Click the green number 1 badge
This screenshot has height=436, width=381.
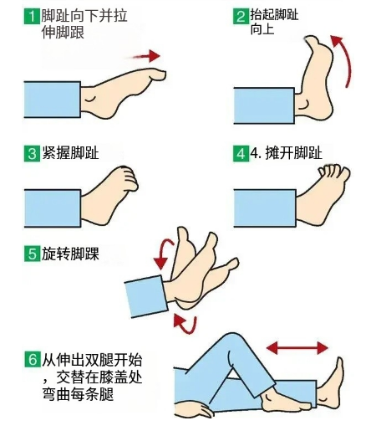[x=32, y=17]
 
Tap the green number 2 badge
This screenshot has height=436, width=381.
[x=241, y=17]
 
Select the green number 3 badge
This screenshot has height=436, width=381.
[x=32, y=154]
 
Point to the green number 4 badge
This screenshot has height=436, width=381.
[x=241, y=154]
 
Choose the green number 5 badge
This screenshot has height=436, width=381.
[x=32, y=254]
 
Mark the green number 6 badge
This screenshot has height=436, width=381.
[x=32, y=359]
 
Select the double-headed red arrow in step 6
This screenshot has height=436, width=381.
[x=297, y=348]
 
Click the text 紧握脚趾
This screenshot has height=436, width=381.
[x=70, y=153]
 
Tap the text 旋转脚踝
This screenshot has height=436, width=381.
[x=70, y=254]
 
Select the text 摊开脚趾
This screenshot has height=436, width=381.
[x=294, y=153]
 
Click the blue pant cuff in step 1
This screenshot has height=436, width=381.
[x=53, y=100]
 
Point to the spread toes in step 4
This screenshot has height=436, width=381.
[x=334, y=172]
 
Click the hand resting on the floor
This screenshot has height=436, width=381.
[x=195, y=410]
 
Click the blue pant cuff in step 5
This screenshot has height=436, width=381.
[x=146, y=296]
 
